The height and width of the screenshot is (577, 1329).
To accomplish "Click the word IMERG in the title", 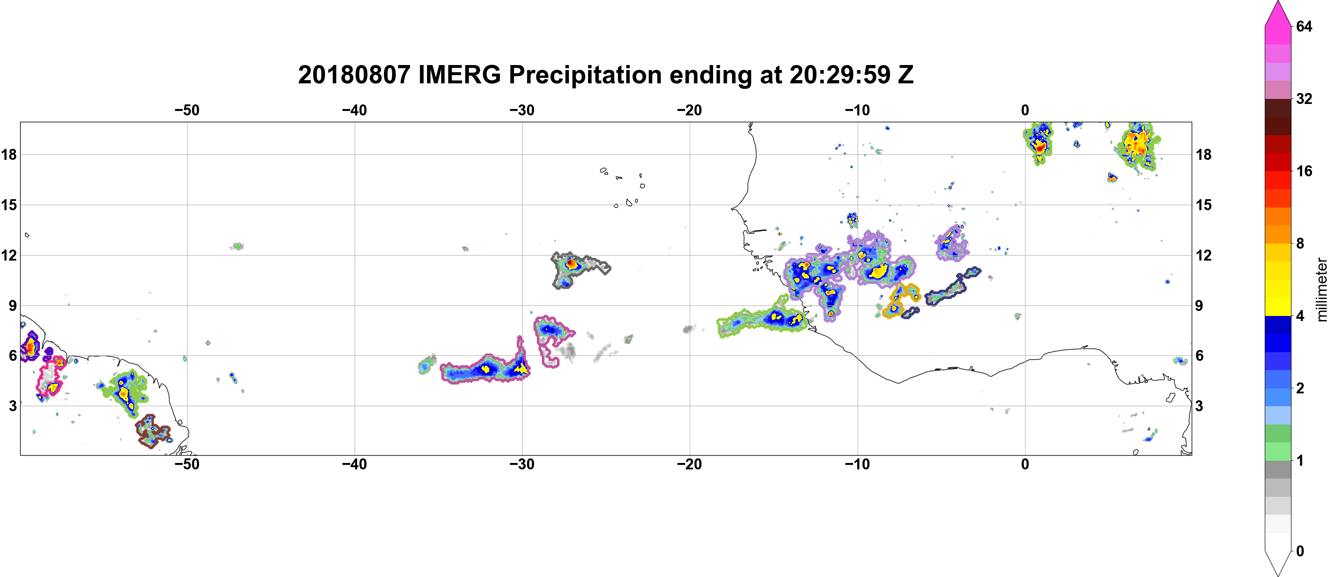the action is pos(459,75).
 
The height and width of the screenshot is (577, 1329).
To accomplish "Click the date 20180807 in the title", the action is pos(354,75).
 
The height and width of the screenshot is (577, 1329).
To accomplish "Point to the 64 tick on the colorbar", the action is pos(1304,26).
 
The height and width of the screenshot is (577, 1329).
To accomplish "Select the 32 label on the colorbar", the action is pos(1304,98).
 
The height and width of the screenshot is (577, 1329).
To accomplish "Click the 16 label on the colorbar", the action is pos(1304,171).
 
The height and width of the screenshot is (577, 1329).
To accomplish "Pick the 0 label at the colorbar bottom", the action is pos(1300,551).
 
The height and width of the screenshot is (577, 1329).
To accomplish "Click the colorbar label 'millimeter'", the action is pos(1321,289).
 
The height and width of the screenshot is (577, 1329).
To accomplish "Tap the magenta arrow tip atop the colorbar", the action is pos(1278,2).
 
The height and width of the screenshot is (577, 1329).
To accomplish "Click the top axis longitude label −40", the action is pos(354,110).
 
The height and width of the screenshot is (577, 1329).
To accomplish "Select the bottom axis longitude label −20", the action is pos(690,464).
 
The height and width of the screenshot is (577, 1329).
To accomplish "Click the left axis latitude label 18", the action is pos(9,154).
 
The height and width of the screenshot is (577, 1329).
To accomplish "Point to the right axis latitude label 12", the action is pos(1204,255).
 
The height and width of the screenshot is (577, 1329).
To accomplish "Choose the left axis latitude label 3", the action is pos(12,406).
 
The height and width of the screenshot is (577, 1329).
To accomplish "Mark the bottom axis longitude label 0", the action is pos(1025,464).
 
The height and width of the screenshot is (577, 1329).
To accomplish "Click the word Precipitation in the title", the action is pos(585,75).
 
